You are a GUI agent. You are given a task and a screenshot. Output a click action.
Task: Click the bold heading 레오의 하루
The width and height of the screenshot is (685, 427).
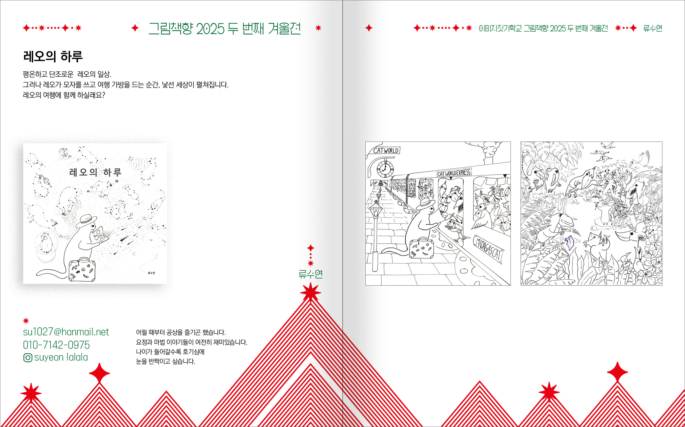click(53, 56)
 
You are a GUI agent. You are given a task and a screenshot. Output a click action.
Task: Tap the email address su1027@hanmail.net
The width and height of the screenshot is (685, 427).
click(66, 332)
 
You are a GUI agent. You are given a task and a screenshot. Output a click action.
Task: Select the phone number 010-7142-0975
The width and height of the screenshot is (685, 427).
click(56, 345)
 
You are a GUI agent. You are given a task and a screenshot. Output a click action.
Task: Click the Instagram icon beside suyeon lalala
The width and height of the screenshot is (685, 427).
click(28, 358)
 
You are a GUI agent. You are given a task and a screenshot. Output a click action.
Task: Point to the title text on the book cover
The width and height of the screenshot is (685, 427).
click(95, 172)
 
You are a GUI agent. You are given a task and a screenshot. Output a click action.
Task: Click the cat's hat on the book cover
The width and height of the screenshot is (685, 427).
click(86, 221)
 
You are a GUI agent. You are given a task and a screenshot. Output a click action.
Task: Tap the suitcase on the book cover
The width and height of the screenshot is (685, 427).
click(82, 270)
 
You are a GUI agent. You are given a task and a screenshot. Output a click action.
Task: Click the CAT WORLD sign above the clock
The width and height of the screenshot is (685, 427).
click(386, 151)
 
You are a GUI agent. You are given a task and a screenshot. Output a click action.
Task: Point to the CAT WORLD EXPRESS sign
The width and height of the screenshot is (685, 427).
click(454, 173)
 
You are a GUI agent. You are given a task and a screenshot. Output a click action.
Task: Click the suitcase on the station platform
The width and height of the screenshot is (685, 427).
click(422, 248)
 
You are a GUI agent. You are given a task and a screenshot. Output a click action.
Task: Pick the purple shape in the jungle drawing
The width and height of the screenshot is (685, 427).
click(570, 243)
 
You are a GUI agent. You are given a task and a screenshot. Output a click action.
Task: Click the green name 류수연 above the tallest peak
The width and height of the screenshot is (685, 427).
click(311, 274)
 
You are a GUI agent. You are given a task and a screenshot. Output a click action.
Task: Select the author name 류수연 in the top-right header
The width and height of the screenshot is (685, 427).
click(653, 28)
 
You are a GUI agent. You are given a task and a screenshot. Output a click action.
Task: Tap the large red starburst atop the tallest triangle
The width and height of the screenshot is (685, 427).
click(311, 292)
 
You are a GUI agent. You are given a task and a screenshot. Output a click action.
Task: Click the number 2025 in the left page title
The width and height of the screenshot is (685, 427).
click(210, 29)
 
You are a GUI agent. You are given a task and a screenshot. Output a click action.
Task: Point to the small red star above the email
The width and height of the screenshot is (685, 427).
click(26, 321)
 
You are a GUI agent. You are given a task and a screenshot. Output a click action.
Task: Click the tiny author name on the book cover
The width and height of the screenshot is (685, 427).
click(151, 273)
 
